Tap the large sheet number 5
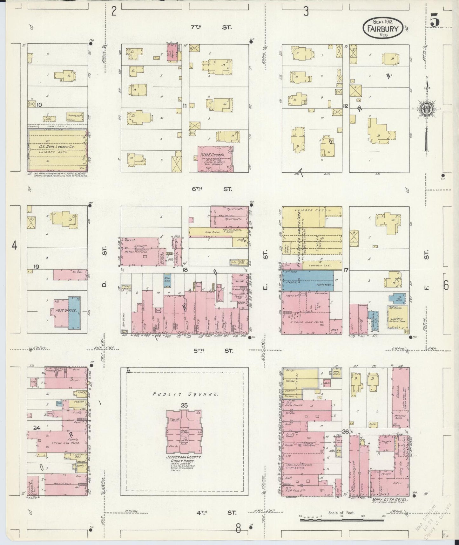point(435,21)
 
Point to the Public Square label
point(186,394)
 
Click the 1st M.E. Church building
point(215,159)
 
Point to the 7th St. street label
point(211,27)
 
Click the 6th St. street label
point(211,189)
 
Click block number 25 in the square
point(184,405)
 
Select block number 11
point(185,106)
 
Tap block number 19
point(36,266)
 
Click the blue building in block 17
point(307,280)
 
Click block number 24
point(37,428)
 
